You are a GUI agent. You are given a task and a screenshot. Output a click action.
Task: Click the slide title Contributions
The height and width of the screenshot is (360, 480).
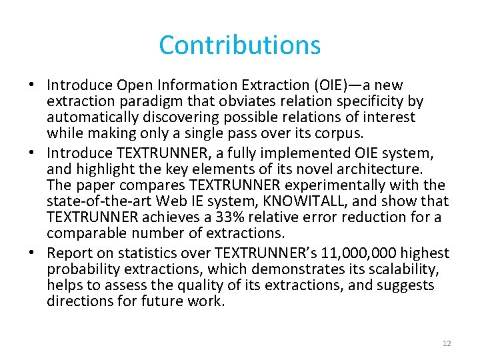click(240, 45)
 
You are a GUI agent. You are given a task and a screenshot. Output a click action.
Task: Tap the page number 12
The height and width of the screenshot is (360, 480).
click(447, 343)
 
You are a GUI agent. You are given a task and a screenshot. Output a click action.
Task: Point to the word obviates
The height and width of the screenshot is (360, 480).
click(235, 101)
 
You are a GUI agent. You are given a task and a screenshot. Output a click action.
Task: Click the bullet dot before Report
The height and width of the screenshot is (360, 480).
click(33, 253)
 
